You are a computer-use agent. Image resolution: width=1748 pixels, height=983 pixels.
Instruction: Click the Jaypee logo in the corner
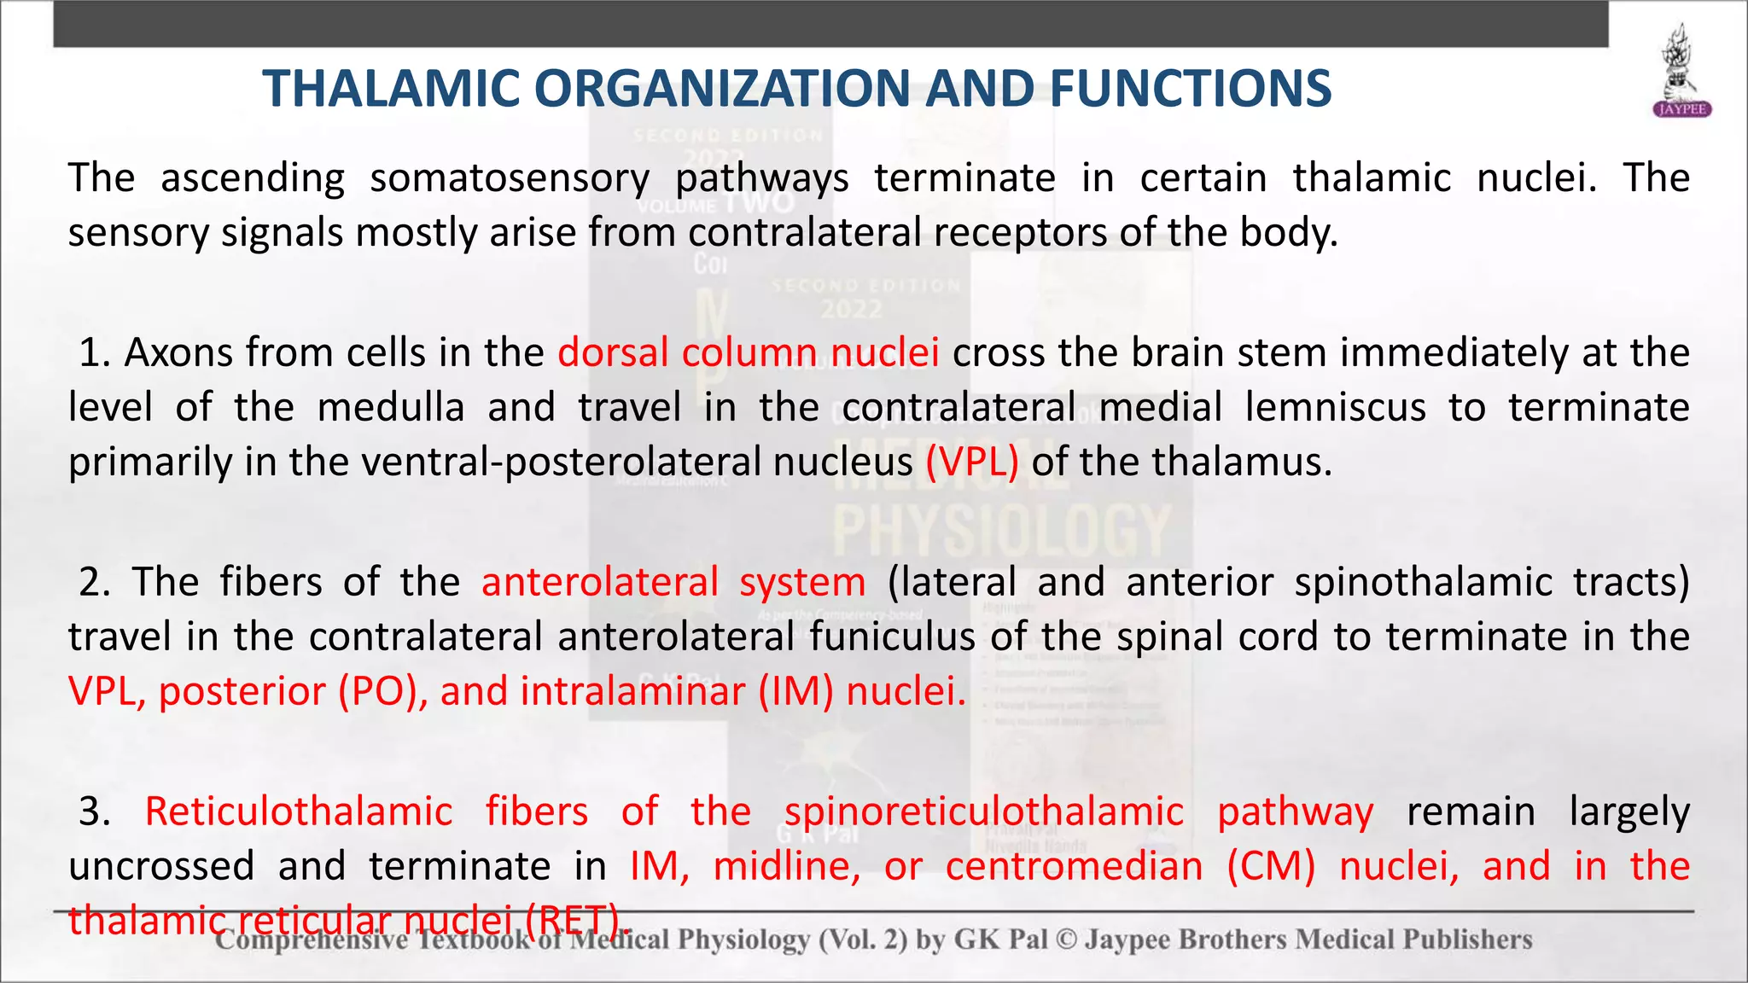tap(1682, 72)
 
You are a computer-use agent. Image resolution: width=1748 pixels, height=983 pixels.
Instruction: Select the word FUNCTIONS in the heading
tap(1190, 89)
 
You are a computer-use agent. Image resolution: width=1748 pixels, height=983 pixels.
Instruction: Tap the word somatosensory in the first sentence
tap(510, 178)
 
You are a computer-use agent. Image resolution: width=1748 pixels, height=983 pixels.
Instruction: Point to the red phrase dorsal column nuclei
tap(749, 353)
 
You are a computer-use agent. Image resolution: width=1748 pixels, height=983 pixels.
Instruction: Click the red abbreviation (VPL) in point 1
tap(972, 462)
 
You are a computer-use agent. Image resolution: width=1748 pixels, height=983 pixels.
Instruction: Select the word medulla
tap(391, 408)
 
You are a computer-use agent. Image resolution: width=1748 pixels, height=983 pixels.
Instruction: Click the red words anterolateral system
tap(673, 583)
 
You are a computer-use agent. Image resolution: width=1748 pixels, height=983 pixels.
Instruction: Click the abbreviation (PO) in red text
tap(383, 692)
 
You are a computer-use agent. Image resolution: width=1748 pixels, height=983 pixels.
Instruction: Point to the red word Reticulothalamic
tap(299, 811)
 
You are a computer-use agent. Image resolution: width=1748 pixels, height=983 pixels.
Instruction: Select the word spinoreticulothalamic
tap(984, 811)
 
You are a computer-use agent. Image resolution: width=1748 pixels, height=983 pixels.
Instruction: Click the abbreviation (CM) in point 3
tap(1271, 867)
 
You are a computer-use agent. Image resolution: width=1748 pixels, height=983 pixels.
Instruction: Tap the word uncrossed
tap(161, 867)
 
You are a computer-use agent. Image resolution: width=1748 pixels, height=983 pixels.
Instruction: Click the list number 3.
tap(94, 811)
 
